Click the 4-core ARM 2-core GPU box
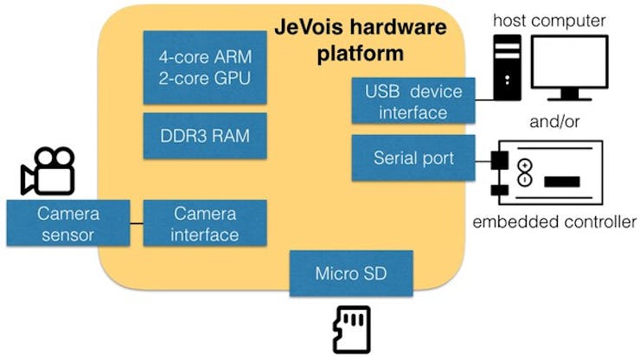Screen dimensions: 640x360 tap(205, 67)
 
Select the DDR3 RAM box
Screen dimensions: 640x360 tap(205, 136)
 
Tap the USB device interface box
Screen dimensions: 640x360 tap(413, 100)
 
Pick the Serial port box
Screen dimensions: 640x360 tap(413, 158)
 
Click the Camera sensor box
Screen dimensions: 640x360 tap(68, 223)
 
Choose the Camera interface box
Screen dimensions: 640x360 tap(205, 223)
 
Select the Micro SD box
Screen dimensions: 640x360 tap(351, 273)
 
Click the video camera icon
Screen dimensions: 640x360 tap(48, 170)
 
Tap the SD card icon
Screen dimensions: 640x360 tap(352, 330)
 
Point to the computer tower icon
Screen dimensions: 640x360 tap(508, 67)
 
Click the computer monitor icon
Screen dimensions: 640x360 tap(569, 67)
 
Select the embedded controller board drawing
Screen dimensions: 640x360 tap(547, 172)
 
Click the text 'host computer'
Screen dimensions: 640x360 tap(549, 21)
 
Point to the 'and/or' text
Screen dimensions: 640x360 tap(554, 122)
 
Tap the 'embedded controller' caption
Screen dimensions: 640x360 tap(554, 222)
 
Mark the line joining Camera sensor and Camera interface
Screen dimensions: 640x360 tap(137, 223)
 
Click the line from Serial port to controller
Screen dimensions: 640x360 tap(483, 162)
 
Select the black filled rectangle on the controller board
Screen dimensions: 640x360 tap(562, 182)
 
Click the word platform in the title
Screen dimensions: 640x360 tap(361, 54)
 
